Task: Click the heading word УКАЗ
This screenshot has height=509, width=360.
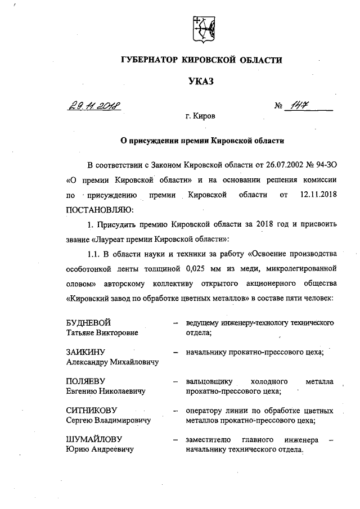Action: click(x=201, y=83)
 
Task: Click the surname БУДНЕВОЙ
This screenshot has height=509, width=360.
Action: click(x=89, y=323)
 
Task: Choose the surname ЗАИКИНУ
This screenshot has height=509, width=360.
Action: click(x=86, y=353)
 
